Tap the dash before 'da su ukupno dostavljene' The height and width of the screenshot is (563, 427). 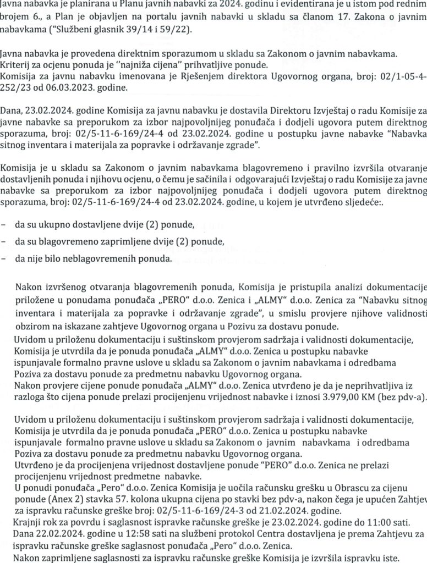(x=5, y=226)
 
